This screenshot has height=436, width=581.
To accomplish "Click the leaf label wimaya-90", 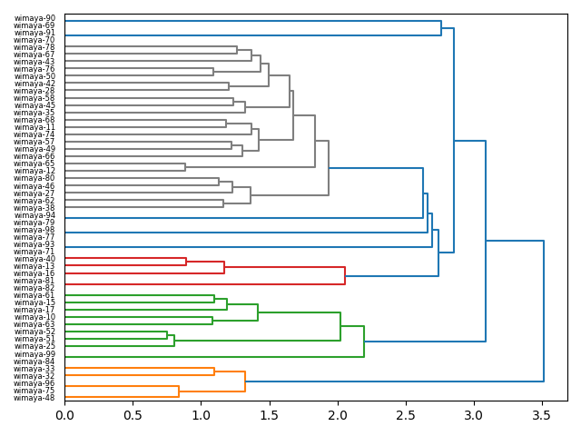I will (34, 18).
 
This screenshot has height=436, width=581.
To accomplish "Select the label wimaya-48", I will (34, 398).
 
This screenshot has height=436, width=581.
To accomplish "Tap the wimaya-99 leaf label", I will (34, 354).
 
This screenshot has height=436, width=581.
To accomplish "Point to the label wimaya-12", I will (34, 172).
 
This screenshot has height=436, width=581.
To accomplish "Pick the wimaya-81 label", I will (34, 281).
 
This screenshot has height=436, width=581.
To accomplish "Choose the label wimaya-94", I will (34, 215).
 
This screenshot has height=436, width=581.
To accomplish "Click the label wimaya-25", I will (34, 347).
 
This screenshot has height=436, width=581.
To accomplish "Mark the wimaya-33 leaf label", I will (34, 369).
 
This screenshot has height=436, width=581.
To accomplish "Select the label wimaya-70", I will (34, 40).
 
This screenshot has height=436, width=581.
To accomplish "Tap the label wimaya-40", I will (34, 259).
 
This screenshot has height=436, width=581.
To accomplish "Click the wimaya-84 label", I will (34, 362).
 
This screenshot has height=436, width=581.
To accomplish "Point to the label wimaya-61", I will (34, 295).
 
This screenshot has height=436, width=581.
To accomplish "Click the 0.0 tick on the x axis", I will (64, 414).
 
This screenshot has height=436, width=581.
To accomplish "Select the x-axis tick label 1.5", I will (270, 414).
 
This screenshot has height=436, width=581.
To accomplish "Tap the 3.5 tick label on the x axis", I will (542, 414).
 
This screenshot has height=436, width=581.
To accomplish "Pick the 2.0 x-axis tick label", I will (338, 414).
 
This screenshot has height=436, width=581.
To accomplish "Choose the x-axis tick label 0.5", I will (133, 414).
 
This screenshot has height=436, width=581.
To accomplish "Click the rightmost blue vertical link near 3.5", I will (544, 311).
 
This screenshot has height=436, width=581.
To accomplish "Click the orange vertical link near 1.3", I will (245, 381).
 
